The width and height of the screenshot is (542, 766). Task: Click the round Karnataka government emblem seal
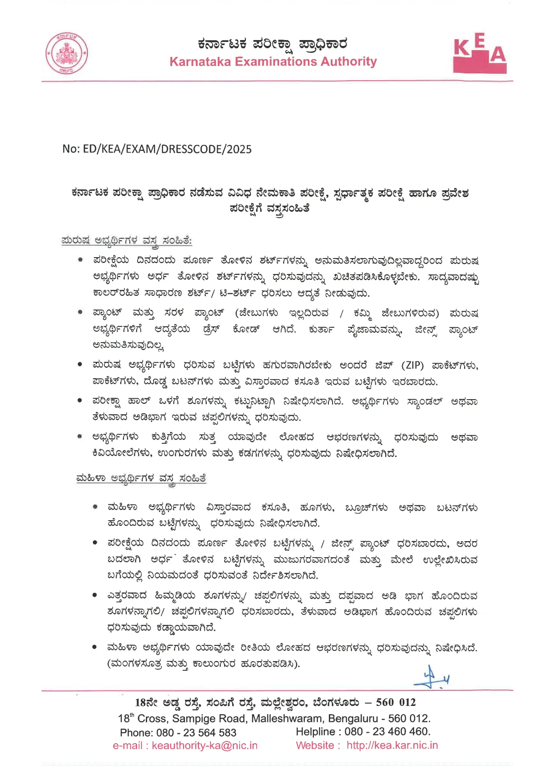tap(66, 54)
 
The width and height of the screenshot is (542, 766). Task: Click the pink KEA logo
tap(480, 54)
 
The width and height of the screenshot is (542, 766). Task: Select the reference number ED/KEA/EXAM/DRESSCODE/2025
tap(167, 149)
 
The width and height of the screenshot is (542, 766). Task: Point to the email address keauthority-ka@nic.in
tap(205, 746)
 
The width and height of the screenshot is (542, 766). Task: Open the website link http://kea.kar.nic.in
tap(392, 746)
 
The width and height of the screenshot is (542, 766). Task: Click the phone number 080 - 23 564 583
tap(196, 732)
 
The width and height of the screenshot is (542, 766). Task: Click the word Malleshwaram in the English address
tap(288, 718)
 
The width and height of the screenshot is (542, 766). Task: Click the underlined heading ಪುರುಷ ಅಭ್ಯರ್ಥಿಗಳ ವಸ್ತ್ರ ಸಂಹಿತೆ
tap(127, 240)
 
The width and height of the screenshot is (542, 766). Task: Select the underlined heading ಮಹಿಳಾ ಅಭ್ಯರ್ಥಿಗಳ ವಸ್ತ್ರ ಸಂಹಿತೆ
tap(141, 478)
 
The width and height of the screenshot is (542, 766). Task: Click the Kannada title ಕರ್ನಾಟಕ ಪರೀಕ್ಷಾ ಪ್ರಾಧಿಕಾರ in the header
tap(272, 44)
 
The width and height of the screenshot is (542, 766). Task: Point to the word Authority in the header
tap(348, 61)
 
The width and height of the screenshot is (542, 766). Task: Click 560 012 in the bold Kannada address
tap(396, 702)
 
